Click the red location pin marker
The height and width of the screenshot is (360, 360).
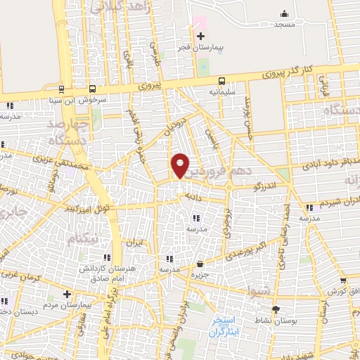click(181, 165)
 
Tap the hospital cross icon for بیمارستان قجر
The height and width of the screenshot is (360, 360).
click(200, 36)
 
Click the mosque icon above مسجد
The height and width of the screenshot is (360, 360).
click(284, 13)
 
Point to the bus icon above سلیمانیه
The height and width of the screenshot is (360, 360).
click(221, 81)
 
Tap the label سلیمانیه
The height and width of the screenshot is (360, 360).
click(221, 92)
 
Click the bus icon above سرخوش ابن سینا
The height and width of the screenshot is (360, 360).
click(62, 89)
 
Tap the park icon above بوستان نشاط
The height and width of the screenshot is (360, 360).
click(275, 309)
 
